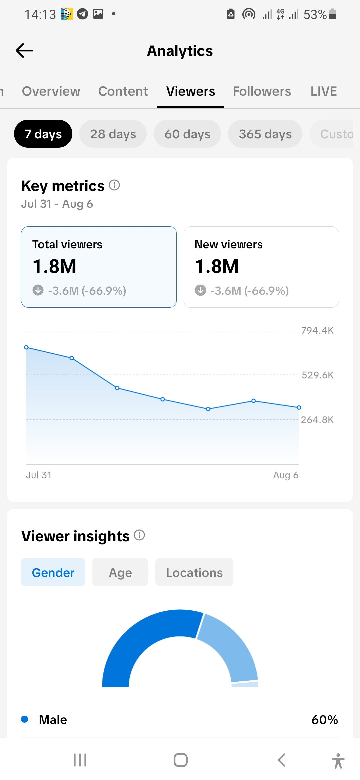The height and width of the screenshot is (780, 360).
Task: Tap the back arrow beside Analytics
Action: click(25, 51)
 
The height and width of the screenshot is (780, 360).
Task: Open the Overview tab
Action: click(51, 91)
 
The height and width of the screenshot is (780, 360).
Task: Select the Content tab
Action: click(123, 91)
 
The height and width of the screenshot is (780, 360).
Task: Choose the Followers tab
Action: click(262, 91)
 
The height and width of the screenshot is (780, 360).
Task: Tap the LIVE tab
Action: click(324, 91)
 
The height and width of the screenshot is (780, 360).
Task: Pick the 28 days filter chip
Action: click(113, 134)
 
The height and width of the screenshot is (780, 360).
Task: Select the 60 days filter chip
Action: click(187, 134)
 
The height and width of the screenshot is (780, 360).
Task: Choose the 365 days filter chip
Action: click(265, 134)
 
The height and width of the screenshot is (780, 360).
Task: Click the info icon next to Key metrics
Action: click(114, 185)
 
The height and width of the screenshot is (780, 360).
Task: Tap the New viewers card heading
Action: click(229, 244)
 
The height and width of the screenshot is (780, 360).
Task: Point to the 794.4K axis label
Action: click(317, 330)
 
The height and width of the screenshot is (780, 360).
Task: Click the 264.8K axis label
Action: click(317, 420)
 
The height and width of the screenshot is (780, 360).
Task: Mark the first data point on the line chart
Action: click(26, 347)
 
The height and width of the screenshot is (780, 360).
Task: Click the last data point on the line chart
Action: click(299, 407)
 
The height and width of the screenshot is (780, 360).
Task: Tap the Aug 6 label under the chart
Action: click(286, 475)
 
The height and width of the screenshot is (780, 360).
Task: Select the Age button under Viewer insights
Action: click(120, 572)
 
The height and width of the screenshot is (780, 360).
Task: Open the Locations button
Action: click(194, 572)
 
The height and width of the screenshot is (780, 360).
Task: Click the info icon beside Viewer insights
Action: click(139, 535)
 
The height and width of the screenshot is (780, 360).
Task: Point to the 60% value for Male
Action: click(325, 720)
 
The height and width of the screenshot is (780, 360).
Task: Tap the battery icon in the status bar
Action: click(332, 14)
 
